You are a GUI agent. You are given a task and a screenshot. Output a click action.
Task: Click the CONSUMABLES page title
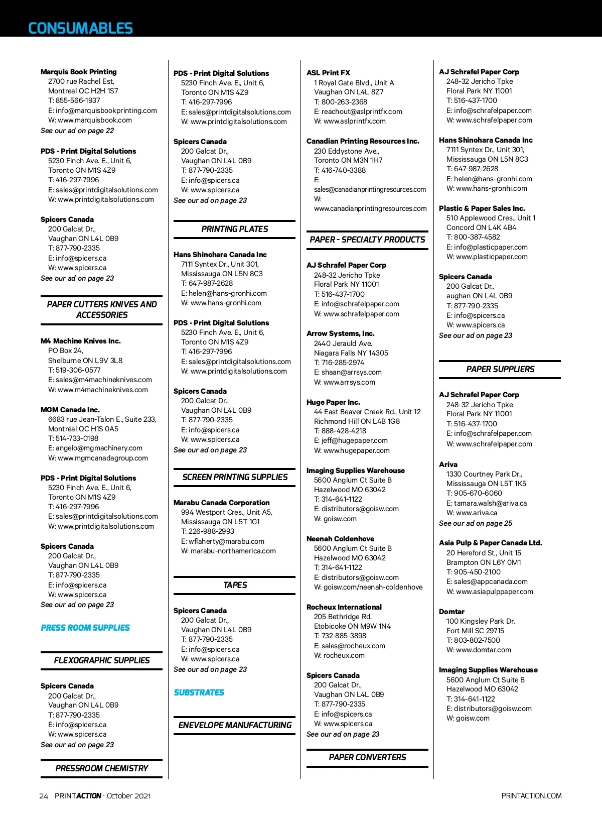click(80, 28)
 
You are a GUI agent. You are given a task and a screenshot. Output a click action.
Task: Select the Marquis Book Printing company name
click(78, 72)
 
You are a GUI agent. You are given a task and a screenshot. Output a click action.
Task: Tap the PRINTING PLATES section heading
click(235, 229)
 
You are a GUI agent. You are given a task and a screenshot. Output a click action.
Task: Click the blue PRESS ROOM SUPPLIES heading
click(85, 628)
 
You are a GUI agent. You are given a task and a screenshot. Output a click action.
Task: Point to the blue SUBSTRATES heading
click(199, 692)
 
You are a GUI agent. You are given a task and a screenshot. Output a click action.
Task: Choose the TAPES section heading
click(235, 585)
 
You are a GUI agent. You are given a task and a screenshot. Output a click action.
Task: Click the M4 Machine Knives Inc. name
click(80, 341)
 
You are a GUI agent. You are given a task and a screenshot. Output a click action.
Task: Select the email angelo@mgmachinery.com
click(99, 448)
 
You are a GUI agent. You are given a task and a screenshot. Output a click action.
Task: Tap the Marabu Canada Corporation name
click(221, 503)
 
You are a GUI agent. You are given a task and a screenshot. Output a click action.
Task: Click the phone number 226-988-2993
click(211, 531)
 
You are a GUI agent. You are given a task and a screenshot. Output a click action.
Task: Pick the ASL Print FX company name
click(328, 73)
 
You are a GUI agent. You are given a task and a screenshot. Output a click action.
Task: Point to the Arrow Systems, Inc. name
click(340, 333)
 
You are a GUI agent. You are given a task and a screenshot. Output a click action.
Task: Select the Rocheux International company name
click(344, 607)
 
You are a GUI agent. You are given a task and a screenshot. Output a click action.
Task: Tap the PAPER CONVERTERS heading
click(367, 757)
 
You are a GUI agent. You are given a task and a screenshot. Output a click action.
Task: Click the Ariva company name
click(448, 464)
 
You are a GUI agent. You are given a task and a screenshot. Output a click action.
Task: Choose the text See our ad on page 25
click(475, 523)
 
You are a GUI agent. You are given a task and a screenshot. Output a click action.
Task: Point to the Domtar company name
click(452, 612)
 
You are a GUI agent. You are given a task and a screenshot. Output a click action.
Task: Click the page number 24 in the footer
click(44, 796)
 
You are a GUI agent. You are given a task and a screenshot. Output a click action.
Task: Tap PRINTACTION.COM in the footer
click(531, 796)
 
